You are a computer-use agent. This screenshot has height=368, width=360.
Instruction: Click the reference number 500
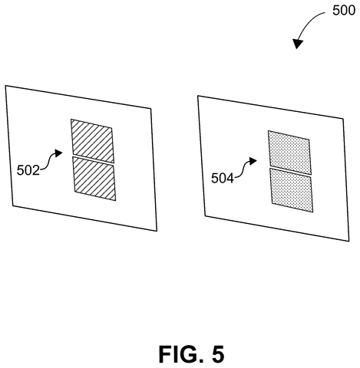click(344, 11)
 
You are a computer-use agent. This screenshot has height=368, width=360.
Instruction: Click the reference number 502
click(28, 170)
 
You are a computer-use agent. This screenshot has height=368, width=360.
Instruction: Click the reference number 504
click(223, 178)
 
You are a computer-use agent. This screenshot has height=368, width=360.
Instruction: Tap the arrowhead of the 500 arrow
click(298, 44)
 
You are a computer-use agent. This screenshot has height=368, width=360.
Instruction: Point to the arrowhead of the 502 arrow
click(59, 153)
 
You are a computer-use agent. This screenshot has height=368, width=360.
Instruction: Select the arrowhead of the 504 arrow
click(253, 161)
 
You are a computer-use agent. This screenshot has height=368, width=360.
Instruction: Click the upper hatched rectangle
click(92, 140)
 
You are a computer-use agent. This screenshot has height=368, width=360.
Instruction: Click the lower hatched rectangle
click(94, 179)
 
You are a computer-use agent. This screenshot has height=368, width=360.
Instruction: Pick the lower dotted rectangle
click(292, 190)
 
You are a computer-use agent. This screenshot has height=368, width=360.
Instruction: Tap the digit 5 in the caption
click(218, 354)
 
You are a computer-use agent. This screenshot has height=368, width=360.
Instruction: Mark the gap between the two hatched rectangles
click(93, 159)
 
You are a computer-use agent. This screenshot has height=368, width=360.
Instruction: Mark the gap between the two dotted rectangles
click(291, 171)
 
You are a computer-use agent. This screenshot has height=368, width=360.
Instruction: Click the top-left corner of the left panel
click(5, 86)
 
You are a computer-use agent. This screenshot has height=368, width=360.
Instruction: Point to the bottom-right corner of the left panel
click(157, 231)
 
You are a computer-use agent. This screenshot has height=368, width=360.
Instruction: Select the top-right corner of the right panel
click(343, 118)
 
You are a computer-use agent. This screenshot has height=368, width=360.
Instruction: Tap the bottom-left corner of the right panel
click(205, 216)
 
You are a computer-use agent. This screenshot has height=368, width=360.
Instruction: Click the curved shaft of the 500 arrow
click(309, 21)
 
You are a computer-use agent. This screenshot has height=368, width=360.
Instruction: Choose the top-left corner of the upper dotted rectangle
click(268, 131)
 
